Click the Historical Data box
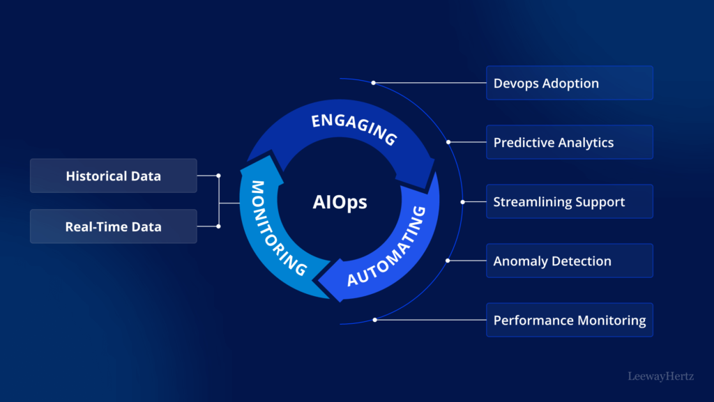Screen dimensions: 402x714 pos(113,176)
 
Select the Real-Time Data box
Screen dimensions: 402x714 pos(113,226)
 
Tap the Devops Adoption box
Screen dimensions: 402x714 pos(569,83)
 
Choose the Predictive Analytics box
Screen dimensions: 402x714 pos(569,142)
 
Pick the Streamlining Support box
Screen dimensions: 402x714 pos(569,201)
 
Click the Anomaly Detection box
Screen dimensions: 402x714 pos(569,261)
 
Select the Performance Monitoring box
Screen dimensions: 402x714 pos(569,320)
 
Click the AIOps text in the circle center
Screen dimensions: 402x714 pos(339,203)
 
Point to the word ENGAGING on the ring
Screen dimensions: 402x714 pos(354,129)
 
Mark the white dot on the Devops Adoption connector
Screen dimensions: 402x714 pos(373,82)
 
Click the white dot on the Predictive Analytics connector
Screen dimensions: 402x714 pos(448,142)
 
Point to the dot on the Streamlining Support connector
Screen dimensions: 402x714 pos(462,201)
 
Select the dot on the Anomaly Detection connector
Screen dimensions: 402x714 pos(448,261)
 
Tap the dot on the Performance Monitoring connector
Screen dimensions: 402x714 pos(374,320)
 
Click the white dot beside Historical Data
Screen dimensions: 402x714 pos(218,176)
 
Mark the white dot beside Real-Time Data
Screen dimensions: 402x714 pos(218,226)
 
